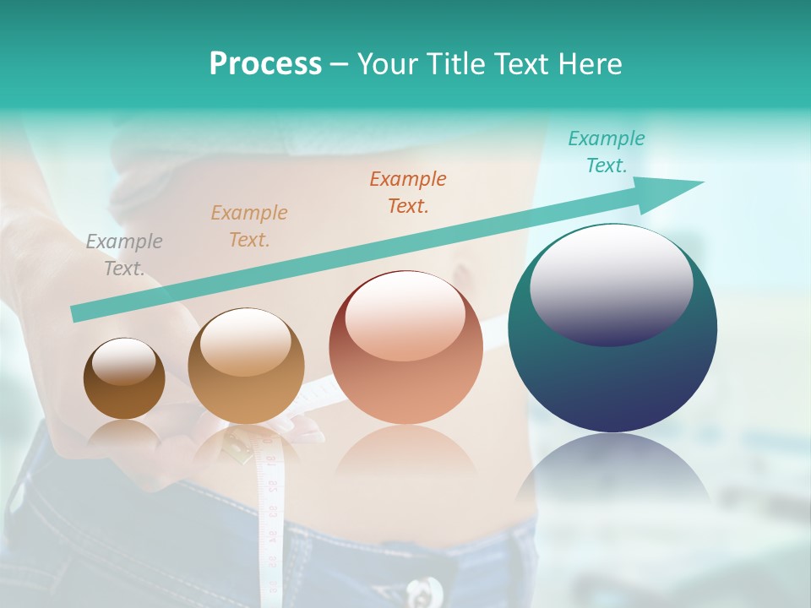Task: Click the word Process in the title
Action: pyautogui.click(x=265, y=63)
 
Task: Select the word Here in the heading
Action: pyautogui.click(x=588, y=63)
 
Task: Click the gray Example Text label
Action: pyautogui.click(x=123, y=255)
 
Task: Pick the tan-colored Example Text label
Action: pyautogui.click(x=249, y=226)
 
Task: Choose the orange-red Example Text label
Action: pyautogui.click(x=408, y=193)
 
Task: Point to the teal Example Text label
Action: pyautogui.click(x=606, y=152)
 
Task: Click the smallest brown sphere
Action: pyautogui.click(x=124, y=397)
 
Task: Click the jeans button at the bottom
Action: pyautogui.click(x=422, y=591)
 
